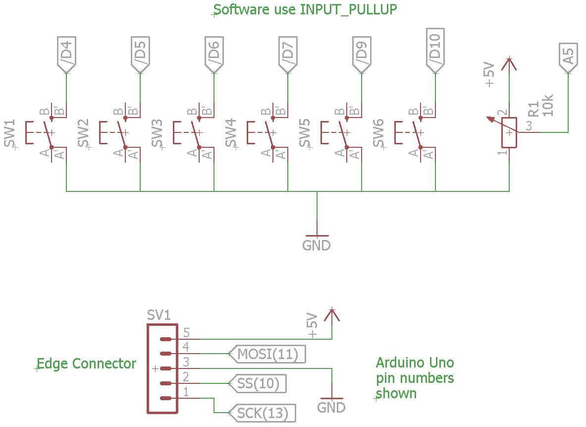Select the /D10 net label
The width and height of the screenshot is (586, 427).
(435, 50)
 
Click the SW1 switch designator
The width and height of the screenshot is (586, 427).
(11, 133)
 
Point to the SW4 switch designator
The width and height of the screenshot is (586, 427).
(231, 133)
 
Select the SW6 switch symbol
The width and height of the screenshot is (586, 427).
(415, 133)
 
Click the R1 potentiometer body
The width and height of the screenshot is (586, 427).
(509, 132)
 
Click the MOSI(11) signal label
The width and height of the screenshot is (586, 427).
(268, 354)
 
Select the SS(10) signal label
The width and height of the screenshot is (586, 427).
(259, 383)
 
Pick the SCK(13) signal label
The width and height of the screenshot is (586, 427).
(263, 413)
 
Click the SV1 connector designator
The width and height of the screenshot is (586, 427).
(160, 315)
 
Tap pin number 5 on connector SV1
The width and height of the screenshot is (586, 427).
(186, 332)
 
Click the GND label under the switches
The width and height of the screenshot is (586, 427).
(317, 245)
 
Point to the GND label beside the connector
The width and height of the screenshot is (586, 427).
(331, 408)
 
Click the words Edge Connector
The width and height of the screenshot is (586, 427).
(87, 364)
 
